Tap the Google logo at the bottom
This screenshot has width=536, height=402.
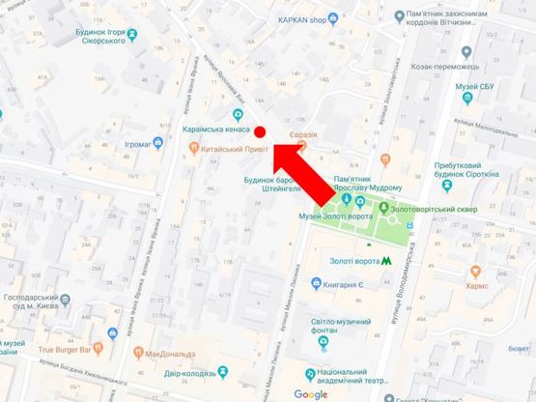point(311,393)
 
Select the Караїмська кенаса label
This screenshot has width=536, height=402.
point(216,129)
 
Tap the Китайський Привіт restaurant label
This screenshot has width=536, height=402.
point(228,150)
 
